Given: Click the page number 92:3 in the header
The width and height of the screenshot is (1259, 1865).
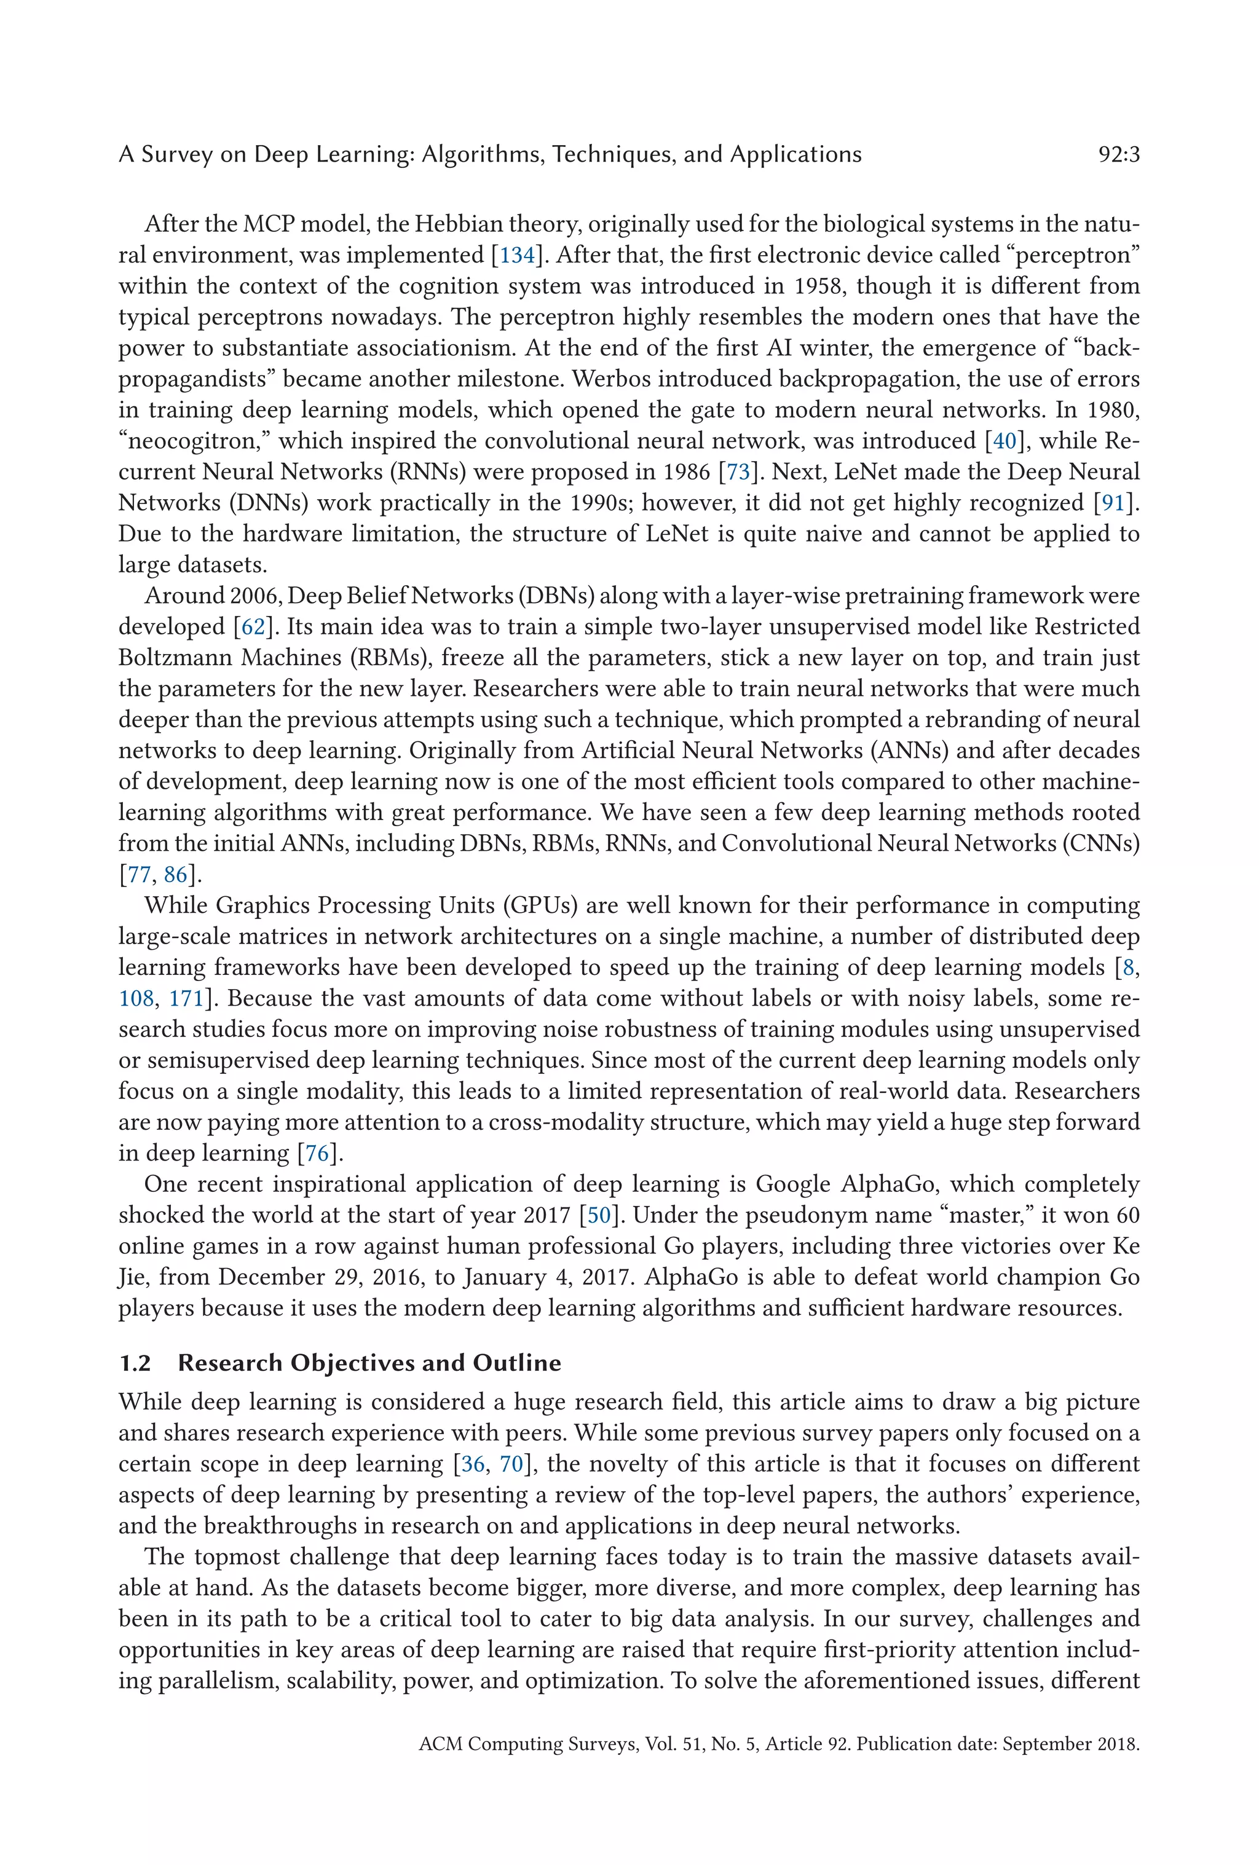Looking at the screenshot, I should click(x=1118, y=154).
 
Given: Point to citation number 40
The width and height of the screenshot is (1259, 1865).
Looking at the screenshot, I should click(x=1004, y=441).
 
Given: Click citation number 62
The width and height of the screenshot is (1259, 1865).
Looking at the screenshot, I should click(x=253, y=627).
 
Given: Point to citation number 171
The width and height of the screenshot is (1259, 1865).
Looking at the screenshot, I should click(x=186, y=998).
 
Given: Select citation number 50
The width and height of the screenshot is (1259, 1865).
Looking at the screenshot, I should click(x=599, y=1215).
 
